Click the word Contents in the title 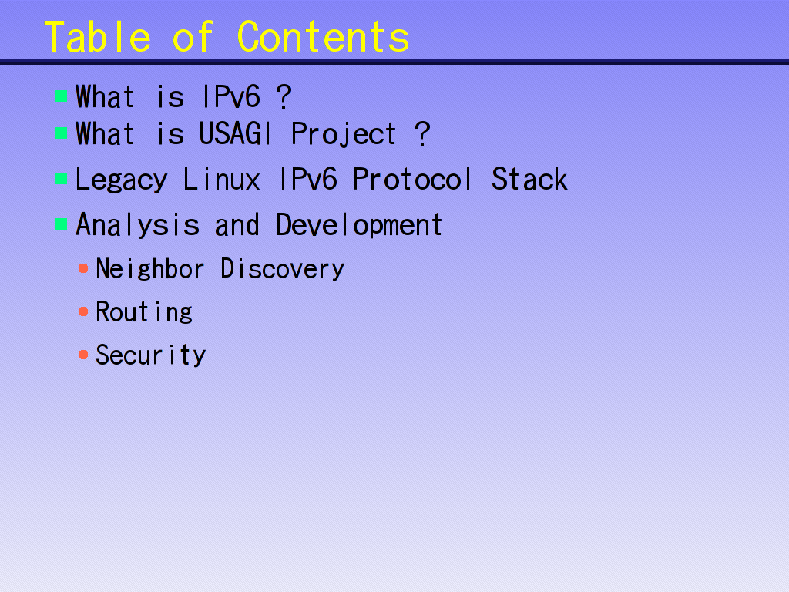click(x=323, y=37)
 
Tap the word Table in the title click(x=98, y=37)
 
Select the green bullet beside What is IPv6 click(x=62, y=96)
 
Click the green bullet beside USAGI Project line click(x=62, y=133)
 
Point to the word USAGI click(x=236, y=133)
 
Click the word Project click(x=344, y=135)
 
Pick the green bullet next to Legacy click(x=62, y=178)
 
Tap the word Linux click(x=221, y=179)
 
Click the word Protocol click(x=412, y=179)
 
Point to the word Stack click(x=529, y=179)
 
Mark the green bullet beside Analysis click(x=62, y=224)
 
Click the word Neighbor click(x=150, y=269)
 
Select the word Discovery click(x=283, y=269)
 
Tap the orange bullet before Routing click(x=83, y=311)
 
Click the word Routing click(x=144, y=313)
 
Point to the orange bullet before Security click(x=83, y=355)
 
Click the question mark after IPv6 click(x=284, y=96)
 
